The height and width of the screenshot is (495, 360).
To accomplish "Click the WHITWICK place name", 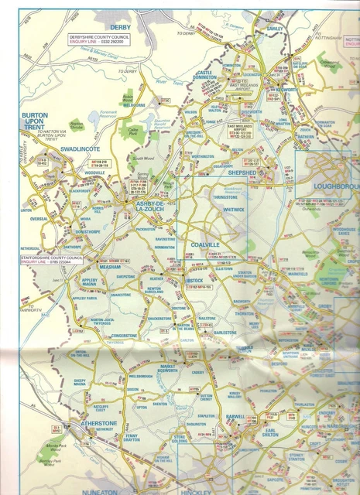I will click(x=233, y=210).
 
